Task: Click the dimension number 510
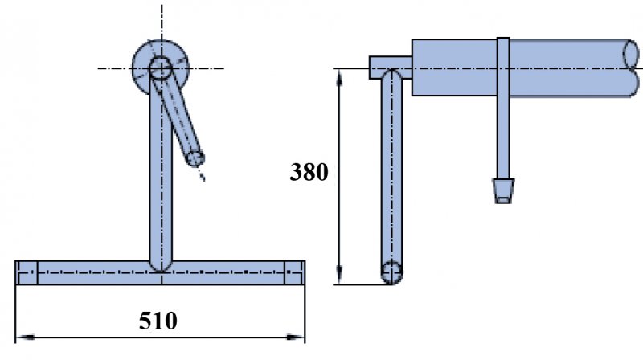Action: coord(158,321)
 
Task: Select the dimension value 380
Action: coord(309,173)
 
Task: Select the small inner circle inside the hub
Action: coord(160,67)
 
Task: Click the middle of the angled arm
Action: coord(178,112)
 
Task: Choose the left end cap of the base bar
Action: coord(27,273)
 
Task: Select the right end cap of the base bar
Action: coord(294,273)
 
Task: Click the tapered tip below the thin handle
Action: coord(503,190)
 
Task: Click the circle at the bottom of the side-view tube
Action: coord(391,272)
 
